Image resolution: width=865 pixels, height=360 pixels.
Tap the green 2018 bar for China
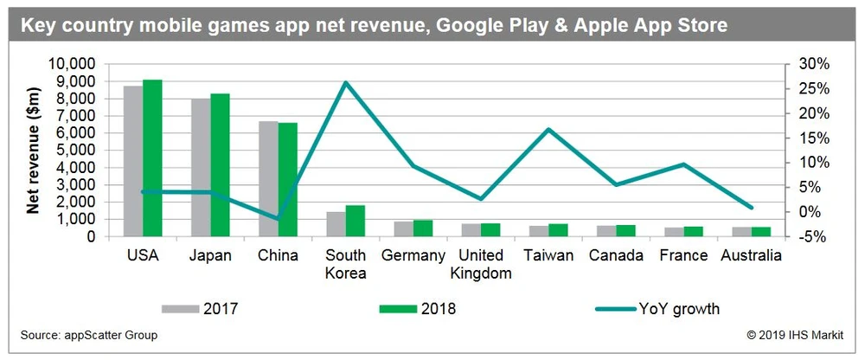point(287,179)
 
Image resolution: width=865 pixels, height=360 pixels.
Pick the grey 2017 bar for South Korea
point(336,223)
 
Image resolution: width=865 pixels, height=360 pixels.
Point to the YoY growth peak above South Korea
point(346,82)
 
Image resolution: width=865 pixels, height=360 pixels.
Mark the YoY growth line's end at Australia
point(752,208)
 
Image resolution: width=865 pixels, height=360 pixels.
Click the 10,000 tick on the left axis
point(78,64)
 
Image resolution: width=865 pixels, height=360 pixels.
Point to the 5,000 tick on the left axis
point(81,150)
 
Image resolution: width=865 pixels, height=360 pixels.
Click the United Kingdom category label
point(481,265)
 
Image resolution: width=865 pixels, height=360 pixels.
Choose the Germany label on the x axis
point(413,255)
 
